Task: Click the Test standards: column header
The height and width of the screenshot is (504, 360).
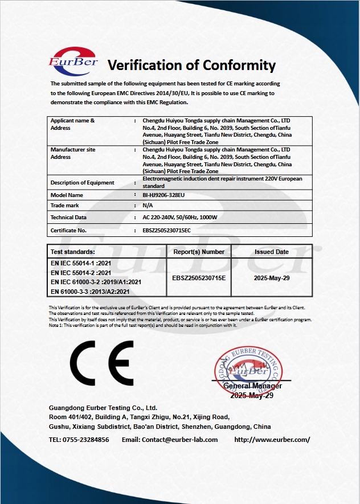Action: [x=73, y=252]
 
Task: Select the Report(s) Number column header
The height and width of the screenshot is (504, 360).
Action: [x=199, y=252]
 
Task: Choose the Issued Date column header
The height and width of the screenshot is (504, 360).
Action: [x=272, y=252]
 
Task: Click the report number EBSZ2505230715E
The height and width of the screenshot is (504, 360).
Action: [x=199, y=278]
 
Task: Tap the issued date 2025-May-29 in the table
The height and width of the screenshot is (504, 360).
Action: [x=272, y=278]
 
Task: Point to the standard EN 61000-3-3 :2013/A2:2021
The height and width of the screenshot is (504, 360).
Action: [x=91, y=292]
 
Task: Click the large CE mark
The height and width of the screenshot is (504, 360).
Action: [x=102, y=363]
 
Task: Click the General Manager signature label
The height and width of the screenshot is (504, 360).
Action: [x=252, y=386]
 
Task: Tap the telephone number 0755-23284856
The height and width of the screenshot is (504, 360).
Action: [x=87, y=440]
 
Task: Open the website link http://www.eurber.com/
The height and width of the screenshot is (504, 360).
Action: [x=272, y=440]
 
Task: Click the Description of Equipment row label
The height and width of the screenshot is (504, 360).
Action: [x=83, y=183]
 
